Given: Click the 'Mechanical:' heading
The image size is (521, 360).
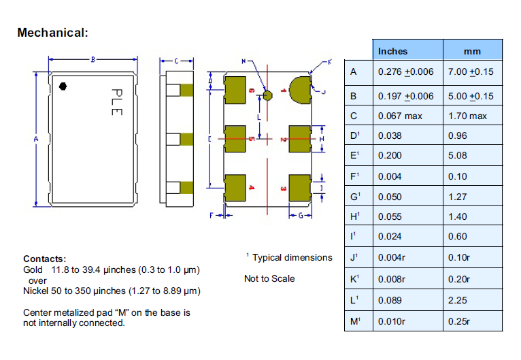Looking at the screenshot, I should [x=52, y=32].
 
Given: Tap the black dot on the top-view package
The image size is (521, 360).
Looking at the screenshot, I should [x=63, y=86].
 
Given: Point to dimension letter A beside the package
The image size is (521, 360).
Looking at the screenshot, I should [x=35, y=140].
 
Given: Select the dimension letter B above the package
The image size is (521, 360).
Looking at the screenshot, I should [x=93, y=59].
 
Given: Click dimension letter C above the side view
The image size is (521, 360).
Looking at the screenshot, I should [x=175, y=61].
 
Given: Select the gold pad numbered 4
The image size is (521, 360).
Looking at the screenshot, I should [x=235, y=188].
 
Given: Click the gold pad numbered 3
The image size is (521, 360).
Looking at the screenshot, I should [x=299, y=188].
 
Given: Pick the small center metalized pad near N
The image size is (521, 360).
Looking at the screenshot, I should [x=267, y=95].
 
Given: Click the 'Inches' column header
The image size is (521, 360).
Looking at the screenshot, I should [x=393, y=51].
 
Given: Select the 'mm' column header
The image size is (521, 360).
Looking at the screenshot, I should [x=472, y=51].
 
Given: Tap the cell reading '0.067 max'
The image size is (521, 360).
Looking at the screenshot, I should [x=401, y=116].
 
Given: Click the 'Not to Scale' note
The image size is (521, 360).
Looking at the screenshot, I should [x=269, y=278].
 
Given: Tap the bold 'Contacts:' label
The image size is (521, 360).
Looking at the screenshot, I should [x=44, y=259].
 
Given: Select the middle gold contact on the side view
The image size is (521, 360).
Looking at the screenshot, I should [x=187, y=140].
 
